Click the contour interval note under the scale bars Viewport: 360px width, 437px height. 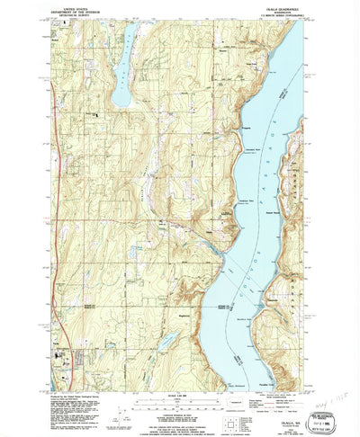[179, 407]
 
